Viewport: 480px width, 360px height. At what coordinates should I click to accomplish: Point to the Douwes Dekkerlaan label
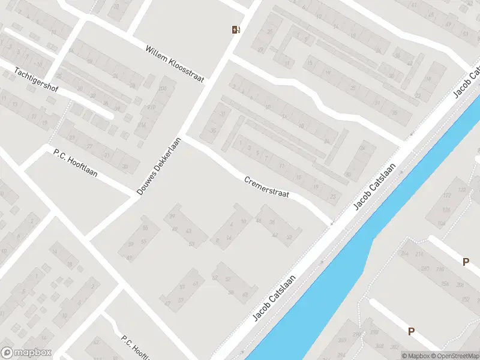(158, 166)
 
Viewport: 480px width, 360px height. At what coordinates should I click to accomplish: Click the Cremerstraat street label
(266, 187)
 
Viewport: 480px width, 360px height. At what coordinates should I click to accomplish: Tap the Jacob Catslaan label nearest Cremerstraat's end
(374, 186)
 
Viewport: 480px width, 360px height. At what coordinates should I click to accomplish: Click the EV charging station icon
(236, 29)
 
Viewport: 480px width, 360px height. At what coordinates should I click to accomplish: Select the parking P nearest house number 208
(465, 262)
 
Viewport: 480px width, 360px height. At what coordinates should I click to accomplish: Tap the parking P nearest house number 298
(411, 331)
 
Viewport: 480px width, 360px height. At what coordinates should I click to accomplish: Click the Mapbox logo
(26, 353)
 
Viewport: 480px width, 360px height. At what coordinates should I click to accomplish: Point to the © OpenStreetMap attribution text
(456, 356)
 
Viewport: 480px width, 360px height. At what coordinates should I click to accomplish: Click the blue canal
(360, 252)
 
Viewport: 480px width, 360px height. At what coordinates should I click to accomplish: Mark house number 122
(461, 190)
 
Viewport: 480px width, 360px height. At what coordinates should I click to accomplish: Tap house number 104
(442, 223)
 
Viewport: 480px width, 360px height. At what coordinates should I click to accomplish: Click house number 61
(196, 284)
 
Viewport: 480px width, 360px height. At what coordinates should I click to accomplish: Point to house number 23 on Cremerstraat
(333, 196)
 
